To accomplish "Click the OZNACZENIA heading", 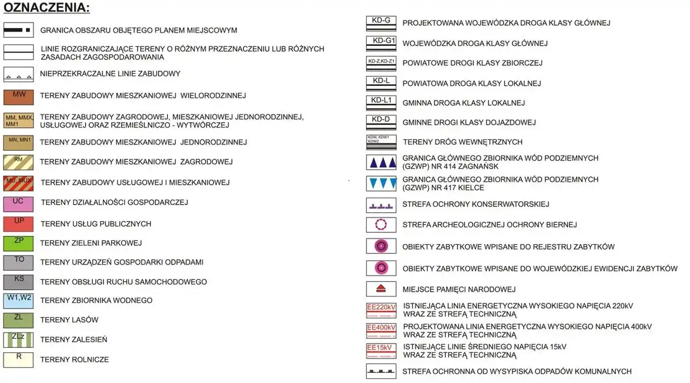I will tap(46, 8).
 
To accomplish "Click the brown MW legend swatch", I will tap(18, 97).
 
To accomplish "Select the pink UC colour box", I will tap(18, 204).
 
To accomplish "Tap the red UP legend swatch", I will tap(18, 224).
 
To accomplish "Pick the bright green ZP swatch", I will tap(18, 244).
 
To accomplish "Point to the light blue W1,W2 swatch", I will tap(18, 301).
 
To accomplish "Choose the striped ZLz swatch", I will tap(18, 340).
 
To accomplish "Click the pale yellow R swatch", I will tap(18, 360).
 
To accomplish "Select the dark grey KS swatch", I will tap(18, 282).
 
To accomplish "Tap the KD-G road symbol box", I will tap(381, 23).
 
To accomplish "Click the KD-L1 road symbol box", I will tap(381, 102).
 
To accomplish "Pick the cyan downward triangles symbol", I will tap(381, 183).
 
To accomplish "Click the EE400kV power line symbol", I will tap(381, 330).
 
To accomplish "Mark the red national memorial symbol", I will tap(381, 289).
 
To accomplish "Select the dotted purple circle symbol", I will tap(381, 224).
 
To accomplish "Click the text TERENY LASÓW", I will tap(69, 320).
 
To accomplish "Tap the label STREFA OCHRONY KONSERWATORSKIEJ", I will tap(475, 204).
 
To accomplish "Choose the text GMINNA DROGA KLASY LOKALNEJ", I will tap(463, 103).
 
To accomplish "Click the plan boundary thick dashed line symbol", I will tap(18, 30).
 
